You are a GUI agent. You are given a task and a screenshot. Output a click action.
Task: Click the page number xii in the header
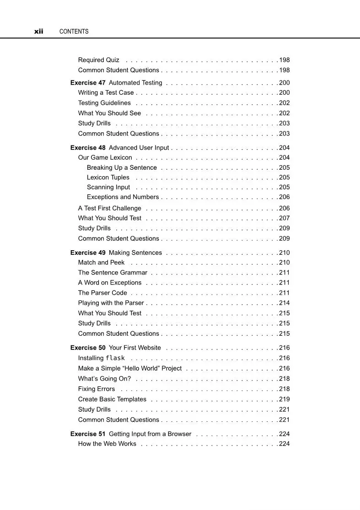[x=38, y=32]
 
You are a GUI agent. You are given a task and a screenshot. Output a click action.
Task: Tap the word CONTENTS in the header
[x=74, y=32]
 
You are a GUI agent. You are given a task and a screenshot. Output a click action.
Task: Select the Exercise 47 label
[x=88, y=83]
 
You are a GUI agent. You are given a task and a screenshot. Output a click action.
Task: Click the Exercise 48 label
[x=88, y=148]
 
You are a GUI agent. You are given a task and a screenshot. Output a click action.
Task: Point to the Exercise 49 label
[x=88, y=252]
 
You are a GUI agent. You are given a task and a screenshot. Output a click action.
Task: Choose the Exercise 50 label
[x=88, y=348]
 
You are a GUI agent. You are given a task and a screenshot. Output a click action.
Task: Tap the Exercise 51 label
[x=88, y=434]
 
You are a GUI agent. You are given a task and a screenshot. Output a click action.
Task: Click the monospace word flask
[x=115, y=358]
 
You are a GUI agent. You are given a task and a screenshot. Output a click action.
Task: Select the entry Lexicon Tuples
[x=108, y=177]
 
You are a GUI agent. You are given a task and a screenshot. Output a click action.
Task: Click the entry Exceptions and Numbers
[x=123, y=197]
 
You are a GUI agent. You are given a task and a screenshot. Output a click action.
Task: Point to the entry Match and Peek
[x=101, y=263]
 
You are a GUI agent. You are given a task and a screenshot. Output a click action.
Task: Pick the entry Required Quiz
[x=99, y=60]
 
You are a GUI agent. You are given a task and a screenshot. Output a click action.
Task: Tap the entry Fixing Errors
[x=97, y=389]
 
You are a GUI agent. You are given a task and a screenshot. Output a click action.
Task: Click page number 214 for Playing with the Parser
[x=284, y=303]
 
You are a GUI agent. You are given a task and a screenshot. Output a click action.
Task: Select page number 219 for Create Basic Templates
[x=284, y=399]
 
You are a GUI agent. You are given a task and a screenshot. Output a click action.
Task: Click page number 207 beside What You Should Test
[x=284, y=218]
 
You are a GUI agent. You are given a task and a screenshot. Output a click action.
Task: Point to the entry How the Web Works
[x=107, y=444]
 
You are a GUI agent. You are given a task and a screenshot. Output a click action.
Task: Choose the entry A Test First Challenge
[x=110, y=208]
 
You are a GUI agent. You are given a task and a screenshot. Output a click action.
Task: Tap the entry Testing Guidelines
[x=104, y=103]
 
